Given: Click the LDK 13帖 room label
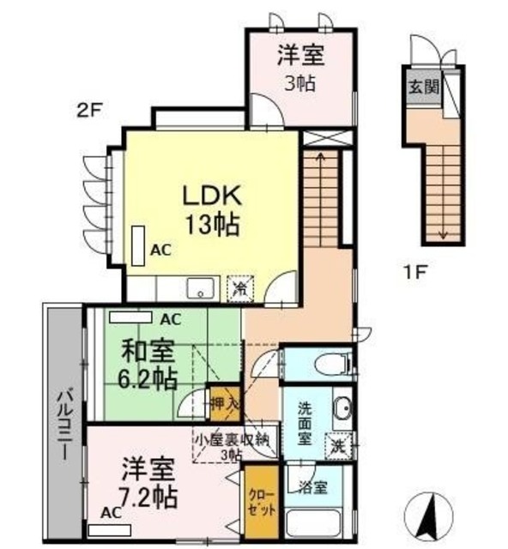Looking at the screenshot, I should pyautogui.click(x=211, y=209).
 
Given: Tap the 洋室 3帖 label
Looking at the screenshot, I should pyautogui.click(x=299, y=69).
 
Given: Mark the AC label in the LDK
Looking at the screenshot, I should pyautogui.click(x=160, y=250).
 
